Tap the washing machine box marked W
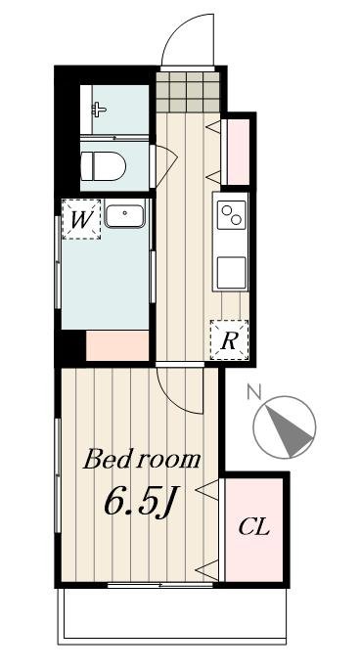point(81,219)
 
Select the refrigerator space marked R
point(229,340)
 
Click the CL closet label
point(254,528)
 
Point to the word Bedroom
point(142,459)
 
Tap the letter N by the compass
point(254,393)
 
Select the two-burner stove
point(232,213)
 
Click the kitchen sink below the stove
point(232,271)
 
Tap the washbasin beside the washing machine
point(124,215)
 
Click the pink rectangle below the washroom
point(117,344)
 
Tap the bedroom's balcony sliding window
point(147,585)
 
